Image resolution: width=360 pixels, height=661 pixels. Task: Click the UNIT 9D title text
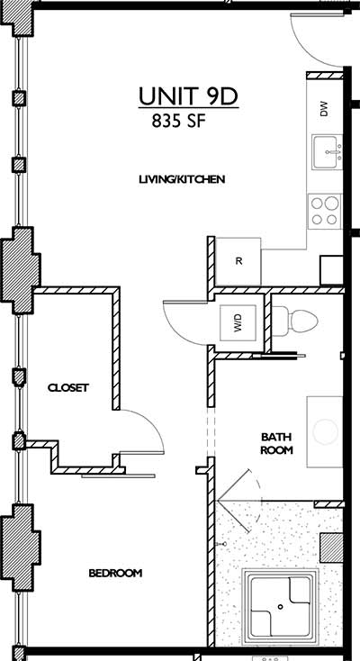187,97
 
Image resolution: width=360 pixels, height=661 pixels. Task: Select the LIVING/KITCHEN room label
181,179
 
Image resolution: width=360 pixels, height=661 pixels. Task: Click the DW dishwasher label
323,109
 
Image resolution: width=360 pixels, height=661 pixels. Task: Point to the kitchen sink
325,152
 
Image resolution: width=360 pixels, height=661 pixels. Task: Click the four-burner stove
324,210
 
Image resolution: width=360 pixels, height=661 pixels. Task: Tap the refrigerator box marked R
238,261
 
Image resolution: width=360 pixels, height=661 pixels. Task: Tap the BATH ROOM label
276,443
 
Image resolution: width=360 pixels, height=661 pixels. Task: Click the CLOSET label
68,388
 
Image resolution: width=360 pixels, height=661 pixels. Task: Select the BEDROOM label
115,573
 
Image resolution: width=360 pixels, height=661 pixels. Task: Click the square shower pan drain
282,607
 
